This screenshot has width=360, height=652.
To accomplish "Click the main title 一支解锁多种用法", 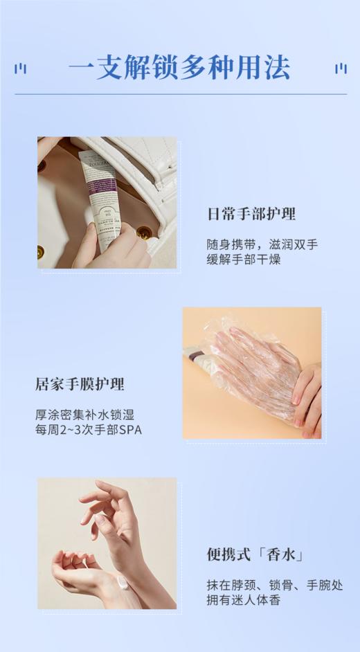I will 179,69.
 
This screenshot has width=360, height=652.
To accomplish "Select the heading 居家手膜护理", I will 80,384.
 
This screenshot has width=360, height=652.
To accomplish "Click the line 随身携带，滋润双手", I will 262,245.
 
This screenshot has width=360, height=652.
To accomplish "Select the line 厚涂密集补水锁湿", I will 84,415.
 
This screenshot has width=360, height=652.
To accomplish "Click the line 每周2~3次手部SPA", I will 88,430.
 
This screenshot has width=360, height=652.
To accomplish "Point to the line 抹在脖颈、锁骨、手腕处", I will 274,585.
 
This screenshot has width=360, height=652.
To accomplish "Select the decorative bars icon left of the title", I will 21,69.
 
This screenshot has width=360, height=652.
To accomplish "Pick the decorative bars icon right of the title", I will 340,69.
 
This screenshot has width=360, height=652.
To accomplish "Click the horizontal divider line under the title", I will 180,94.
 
